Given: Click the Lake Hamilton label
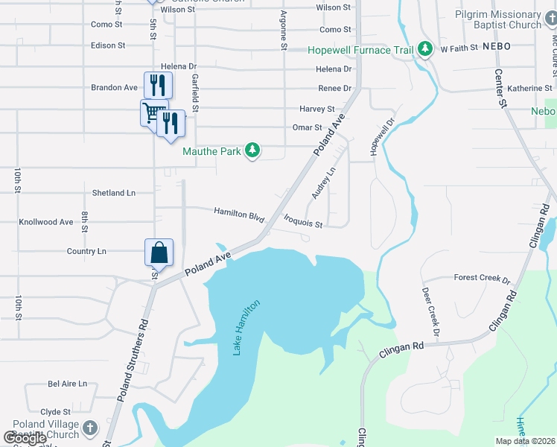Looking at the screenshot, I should coord(247,327).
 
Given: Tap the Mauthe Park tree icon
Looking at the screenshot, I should coord(253,151).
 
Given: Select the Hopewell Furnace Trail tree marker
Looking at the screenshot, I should coord(425,49).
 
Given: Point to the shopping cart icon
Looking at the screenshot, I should coord(152,113).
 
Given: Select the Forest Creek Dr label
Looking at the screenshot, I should coord(482,279).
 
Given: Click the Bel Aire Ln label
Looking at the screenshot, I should coord(67,384).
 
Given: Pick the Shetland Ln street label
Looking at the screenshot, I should coord(113,193).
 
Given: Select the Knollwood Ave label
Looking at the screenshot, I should coord(46,222).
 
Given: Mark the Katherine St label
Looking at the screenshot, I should coord(529,89).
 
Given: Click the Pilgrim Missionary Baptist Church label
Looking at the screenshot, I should coord(509,20).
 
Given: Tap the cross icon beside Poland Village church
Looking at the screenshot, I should coord(89,428).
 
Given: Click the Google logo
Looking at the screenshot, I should coord(25,437).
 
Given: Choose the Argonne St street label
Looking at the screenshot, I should coord(283,31).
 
